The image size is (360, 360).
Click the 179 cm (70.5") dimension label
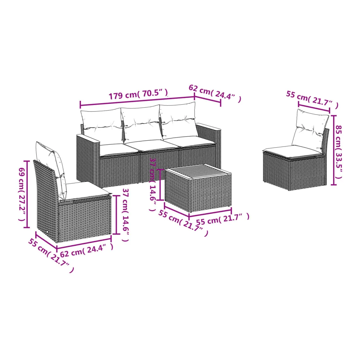click(138, 94)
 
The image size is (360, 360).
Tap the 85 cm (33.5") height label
click(339, 152)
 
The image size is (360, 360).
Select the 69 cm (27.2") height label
click(22, 194)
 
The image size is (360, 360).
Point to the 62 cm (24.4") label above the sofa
click(215, 93)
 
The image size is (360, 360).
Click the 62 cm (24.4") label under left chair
click(86, 250)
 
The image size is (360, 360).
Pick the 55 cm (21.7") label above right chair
click(312, 99)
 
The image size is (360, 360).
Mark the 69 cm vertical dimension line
click(27, 194)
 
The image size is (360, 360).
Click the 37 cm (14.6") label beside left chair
click(126, 215)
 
